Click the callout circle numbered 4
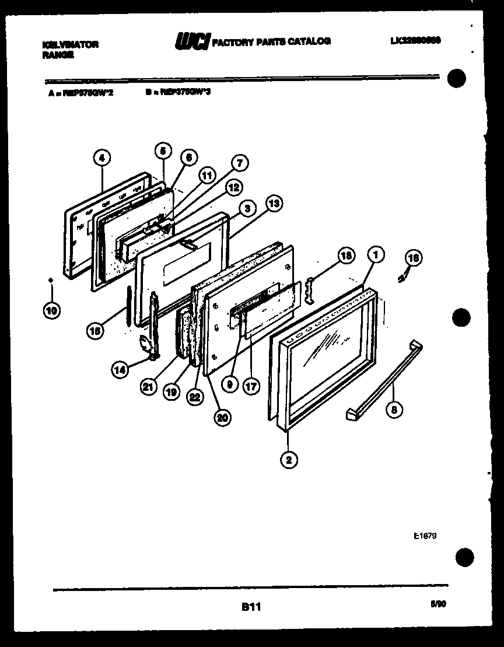[x=102, y=158]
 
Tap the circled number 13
[x=273, y=203]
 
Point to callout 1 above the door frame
[x=376, y=254]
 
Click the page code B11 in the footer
[x=251, y=607]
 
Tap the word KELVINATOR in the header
[x=71, y=44]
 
